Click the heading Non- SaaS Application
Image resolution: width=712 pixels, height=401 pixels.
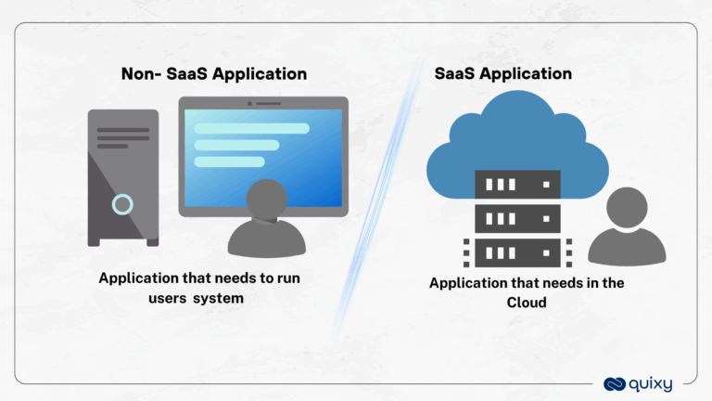pyautogui.click(x=214, y=74)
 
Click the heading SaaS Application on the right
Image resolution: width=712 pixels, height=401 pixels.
pyautogui.click(x=502, y=73)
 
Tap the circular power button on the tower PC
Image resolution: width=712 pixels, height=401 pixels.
pyautogui.click(x=122, y=204)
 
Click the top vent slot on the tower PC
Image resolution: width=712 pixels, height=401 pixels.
pyautogui.click(x=122, y=130)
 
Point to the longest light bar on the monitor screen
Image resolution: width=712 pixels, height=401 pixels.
pyautogui.click(x=251, y=128)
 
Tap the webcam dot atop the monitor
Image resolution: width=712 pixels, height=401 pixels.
pyautogui.click(x=262, y=102)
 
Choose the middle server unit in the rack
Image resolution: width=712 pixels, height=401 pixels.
pyautogui.click(x=517, y=218)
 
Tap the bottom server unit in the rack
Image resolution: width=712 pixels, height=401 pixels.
pyautogui.click(x=517, y=251)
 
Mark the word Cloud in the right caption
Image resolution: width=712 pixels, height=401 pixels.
pyautogui.click(x=526, y=302)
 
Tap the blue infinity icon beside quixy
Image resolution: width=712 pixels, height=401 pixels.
pyautogui.click(x=616, y=382)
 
